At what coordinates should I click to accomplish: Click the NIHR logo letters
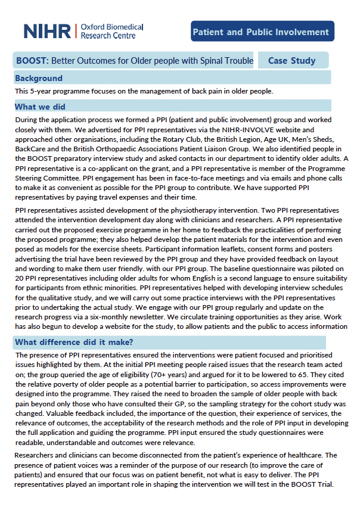pos(47,31)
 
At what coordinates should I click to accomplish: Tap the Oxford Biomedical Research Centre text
pos(111,31)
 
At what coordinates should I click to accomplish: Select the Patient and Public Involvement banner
pos(263,32)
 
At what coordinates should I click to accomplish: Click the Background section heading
pos(39,78)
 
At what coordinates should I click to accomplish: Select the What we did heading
pos(41,107)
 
